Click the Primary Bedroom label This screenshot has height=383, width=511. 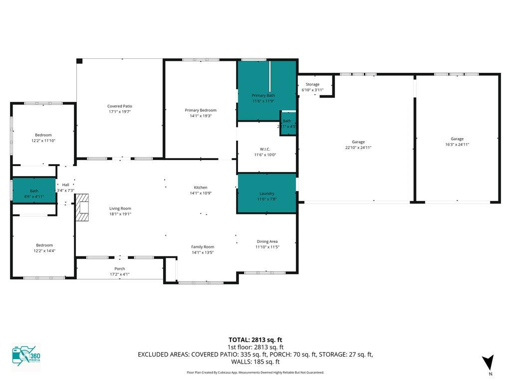[x=201, y=110]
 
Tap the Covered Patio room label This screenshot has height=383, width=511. [x=120, y=106]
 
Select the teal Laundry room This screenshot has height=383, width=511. [x=266, y=193]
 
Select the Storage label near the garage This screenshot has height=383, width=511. [x=312, y=84]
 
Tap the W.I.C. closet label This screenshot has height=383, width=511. [x=264, y=149]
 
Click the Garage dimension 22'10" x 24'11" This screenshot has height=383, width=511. [x=358, y=148]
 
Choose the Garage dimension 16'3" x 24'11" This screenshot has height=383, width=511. [x=457, y=145]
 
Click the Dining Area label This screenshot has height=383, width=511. [x=267, y=241]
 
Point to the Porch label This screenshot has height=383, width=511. [x=120, y=269]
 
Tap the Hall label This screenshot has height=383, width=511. [x=65, y=185]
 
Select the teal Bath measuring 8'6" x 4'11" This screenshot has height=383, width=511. [x=34, y=191]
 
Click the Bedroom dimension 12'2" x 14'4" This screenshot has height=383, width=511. [x=44, y=251]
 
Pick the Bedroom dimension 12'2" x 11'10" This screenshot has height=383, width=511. [x=43, y=141]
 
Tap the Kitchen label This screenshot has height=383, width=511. [x=201, y=188]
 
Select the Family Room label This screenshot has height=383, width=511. [x=203, y=247]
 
